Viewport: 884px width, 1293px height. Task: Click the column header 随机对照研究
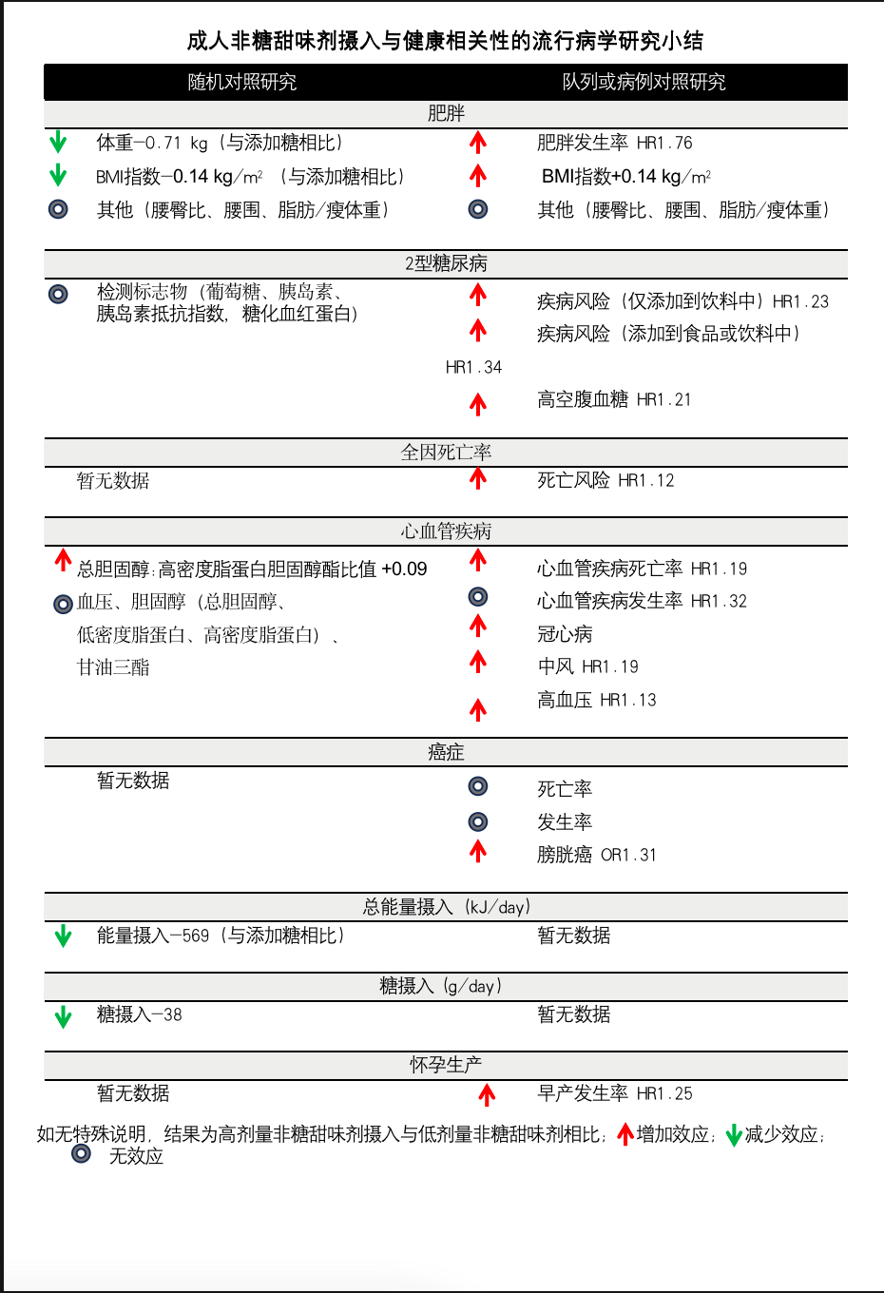pyautogui.click(x=241, y=82)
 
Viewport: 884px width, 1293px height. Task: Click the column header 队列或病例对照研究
pyautogui.click(x=644, y=82)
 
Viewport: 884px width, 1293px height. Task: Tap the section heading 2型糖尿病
pyautogui.click(x=446, y=263)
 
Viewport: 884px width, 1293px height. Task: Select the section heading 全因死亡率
pyautogui.click(x=446, y=452)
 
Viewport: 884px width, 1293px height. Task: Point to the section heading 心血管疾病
pyautogui.click(x=446, y=531)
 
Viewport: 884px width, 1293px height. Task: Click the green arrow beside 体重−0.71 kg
pyautogui.click(x=58, y=143)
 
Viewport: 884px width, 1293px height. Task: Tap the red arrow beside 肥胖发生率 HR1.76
pyautogui.click(x=478, y=143)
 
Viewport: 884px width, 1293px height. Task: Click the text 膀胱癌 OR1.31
pyautogui.click(x=596, y=855)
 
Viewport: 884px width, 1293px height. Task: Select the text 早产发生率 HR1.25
pyautogui.click(x=614, y=1093)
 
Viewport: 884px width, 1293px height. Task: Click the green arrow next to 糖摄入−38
pyautogui.click(x=63, y=1016)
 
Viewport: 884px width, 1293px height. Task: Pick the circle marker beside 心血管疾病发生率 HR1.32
pyautogui.click(x=478, y=597)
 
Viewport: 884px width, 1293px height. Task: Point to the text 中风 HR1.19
pyautogui.click(x=587, y=666)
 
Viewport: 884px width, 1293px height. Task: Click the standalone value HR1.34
pyautogui.click(x=473, y=367)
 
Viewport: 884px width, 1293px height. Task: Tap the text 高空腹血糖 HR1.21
pyautogui.click(x=613, y=399)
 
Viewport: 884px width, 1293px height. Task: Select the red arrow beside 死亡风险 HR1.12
pyautogui.click(x=478, y=479)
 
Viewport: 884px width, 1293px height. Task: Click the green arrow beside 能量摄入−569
pyautogui.click(x=63, y=936)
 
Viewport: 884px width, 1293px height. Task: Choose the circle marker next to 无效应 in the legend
pyautogui.click(x=82, y=1153)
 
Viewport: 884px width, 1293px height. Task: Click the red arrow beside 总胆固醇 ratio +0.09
pyautogui.click(x=63, y=560)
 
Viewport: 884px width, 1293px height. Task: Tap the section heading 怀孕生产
pyautogui.click(x=446, y=1065)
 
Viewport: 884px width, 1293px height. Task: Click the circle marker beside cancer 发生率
pyautogui.click(x=478, y=821)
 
